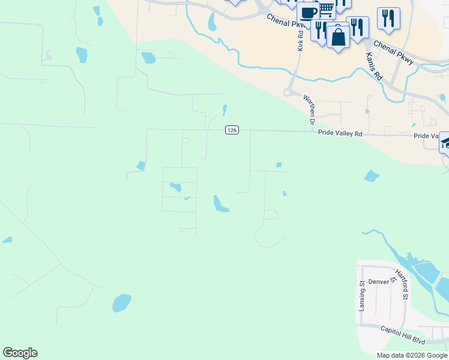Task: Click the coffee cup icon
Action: (x=308, y=13)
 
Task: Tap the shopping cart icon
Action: (x=326, y=9)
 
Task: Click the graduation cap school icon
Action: (x=445, y=142)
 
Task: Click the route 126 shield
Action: (x=232, y=130)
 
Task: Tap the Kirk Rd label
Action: (x=300, y=38)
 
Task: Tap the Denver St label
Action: (x=383, y=280)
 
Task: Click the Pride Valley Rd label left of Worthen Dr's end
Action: (x=340, y=134)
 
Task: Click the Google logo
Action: (x=20, y=353)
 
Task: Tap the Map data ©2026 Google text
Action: (x=412, y=355)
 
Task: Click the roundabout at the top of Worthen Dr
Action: (x=288, y=92)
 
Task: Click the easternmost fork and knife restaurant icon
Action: (x=388, y=18)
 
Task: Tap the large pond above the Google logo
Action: (x=122, y=302)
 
